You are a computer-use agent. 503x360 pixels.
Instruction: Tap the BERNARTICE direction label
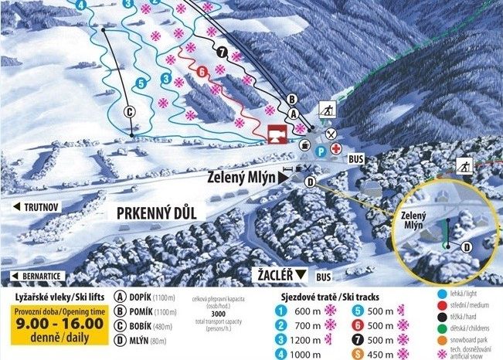click(x=42, y=276)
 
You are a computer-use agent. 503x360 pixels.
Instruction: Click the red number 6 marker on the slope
click(x=202, y=72)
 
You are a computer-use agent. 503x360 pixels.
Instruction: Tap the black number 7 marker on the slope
click(x=223, y=53)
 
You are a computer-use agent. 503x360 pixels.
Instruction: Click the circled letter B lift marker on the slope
click(x=292, y=99)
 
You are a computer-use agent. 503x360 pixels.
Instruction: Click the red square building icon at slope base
click(x=276, y=134)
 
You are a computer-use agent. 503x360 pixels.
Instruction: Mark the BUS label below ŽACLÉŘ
click(x=324, y=277)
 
